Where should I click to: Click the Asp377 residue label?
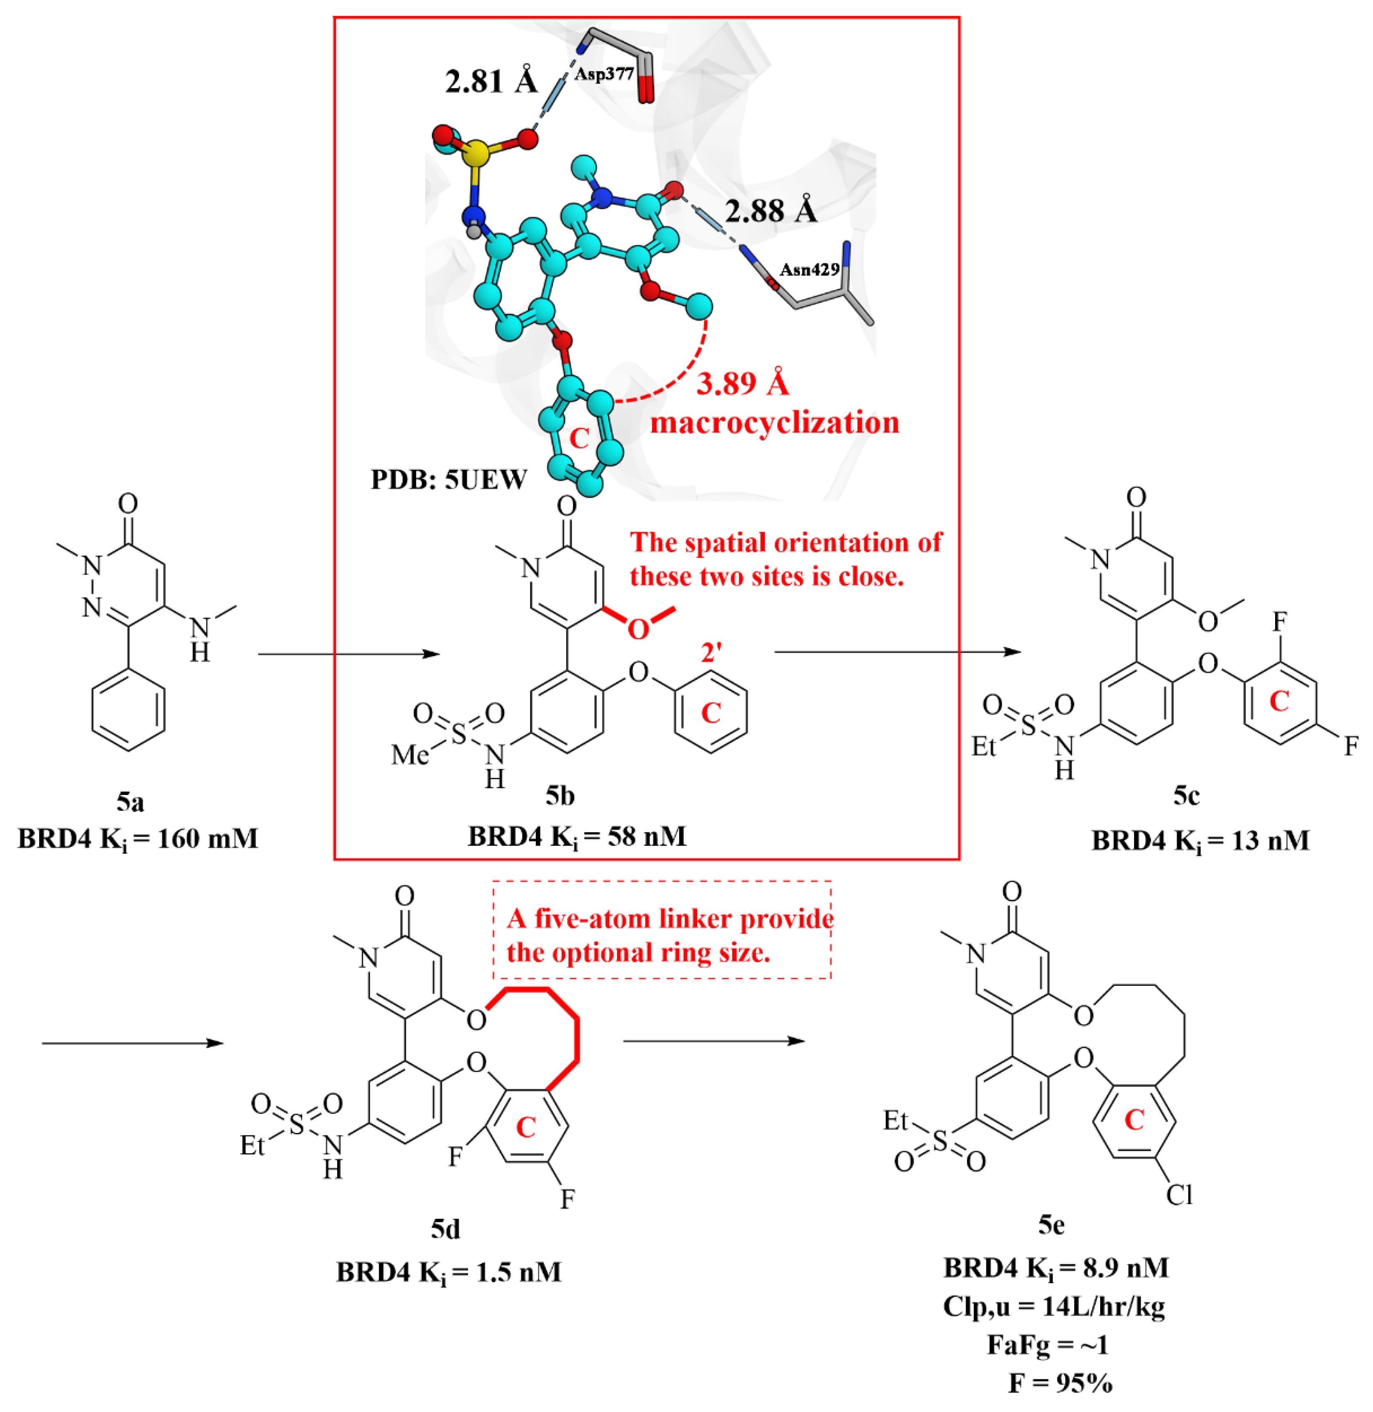click(604, 73)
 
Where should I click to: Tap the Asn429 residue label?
click(809, 270)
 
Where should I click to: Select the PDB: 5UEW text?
click(449, 479)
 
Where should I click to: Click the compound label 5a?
click(130, 801)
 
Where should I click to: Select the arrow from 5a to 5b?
click(349, 654)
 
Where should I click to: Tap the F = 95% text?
click(1060, 1383)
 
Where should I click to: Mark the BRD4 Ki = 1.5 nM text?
click(449, 1272)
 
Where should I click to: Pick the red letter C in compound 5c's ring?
click(1278, 701)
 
